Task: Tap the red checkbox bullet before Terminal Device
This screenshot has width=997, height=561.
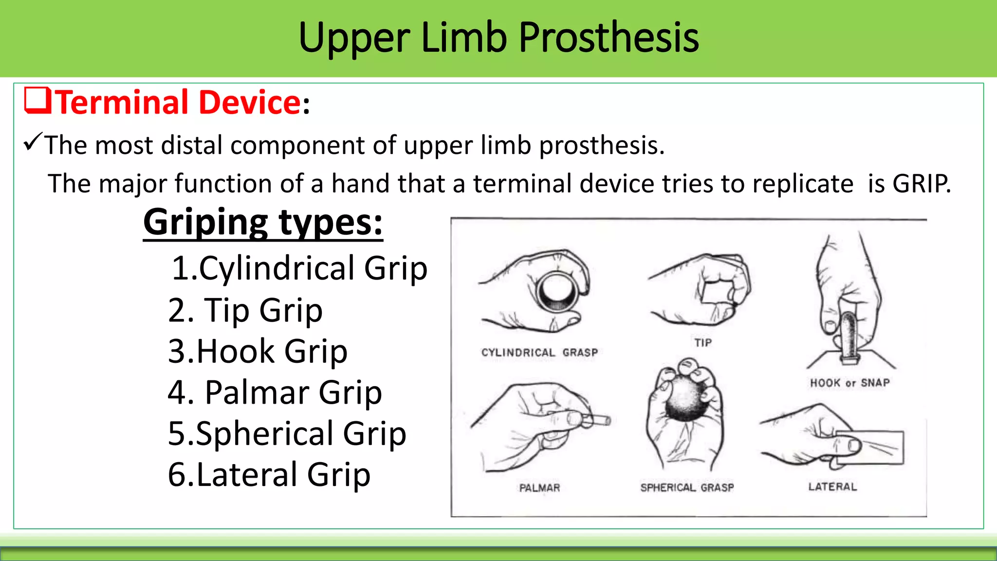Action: (37, 100)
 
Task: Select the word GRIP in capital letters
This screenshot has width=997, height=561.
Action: (921, 184)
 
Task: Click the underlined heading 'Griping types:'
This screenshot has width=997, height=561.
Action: (263, 223)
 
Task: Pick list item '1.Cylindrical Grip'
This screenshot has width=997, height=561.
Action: (299, 268)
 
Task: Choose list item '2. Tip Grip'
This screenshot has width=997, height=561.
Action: (245, 310)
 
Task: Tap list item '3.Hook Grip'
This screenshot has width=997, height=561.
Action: (258, 351)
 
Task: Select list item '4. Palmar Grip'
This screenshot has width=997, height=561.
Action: (275, 393)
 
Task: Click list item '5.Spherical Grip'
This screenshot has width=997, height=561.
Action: (287, 433)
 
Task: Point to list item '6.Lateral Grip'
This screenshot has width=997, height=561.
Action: (269, 475)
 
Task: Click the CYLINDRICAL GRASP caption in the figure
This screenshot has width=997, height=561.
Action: (539, 353)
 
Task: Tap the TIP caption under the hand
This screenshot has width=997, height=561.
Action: (703, 343)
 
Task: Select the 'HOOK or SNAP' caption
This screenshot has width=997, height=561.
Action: (849, 383)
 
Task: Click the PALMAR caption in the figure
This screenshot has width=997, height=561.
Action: (539, 487)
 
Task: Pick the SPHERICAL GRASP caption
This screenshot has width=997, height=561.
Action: (687, 487)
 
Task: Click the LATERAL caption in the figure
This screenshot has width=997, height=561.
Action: (832, 486)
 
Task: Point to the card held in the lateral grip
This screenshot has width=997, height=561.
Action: (876, 447)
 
